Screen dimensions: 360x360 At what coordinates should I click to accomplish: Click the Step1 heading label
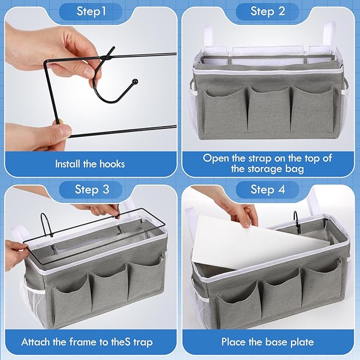(x=91, y=11)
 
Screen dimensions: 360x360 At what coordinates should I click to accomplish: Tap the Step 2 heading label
(x=268, y=11)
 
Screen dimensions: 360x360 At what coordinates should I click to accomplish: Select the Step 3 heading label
(x=92, y=190)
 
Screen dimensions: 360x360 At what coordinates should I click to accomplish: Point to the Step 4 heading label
(x=268, y=190)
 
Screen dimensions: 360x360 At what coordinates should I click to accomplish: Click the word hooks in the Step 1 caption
(x=112, y=164)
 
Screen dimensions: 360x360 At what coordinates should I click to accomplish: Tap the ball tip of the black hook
(x=135, y=81)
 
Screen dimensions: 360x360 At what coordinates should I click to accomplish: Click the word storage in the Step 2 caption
(x=265, y=169)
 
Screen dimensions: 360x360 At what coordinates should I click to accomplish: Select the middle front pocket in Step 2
(x=269, y=109)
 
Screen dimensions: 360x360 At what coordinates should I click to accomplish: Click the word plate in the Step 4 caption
(x=302, y=342)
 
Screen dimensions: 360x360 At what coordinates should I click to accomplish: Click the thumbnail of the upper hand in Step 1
(x=89, y=72)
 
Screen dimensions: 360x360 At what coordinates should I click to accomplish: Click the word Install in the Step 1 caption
(x=68, y=164)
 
